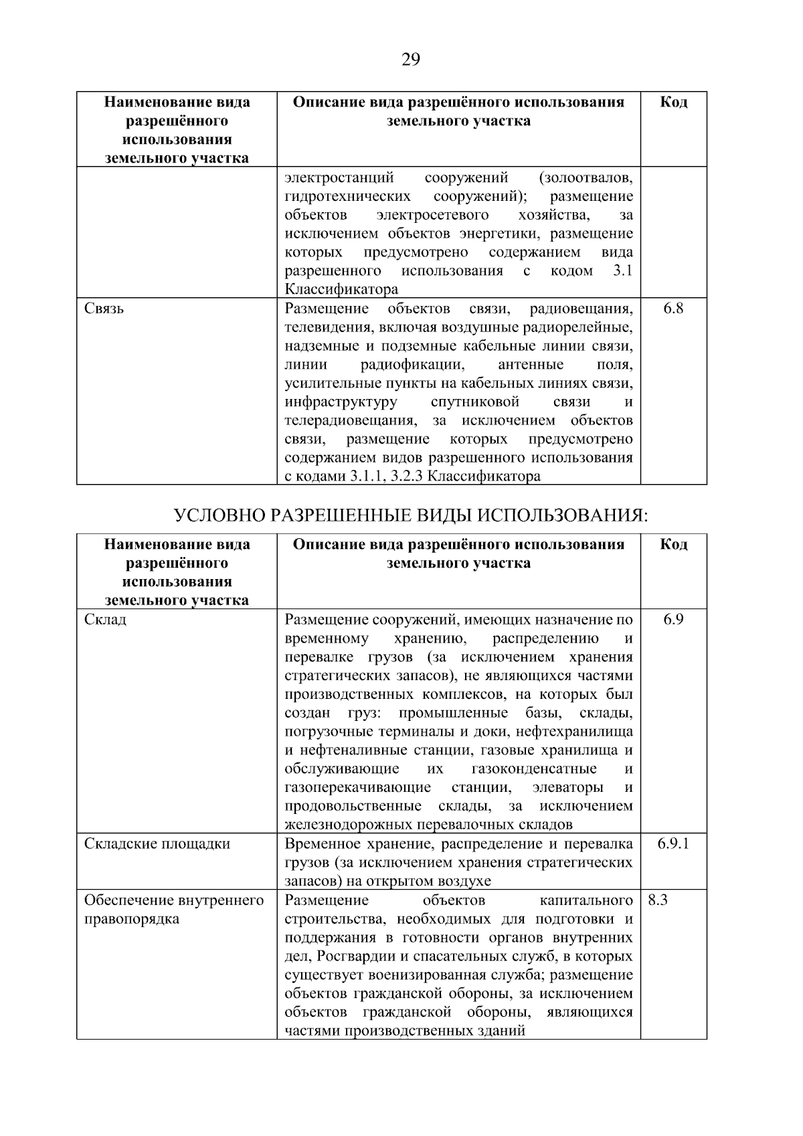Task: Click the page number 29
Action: pyautogui.click(x=411, y=60)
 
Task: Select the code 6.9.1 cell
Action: pyautogui.click(x=673, y=843)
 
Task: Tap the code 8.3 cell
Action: pyautogui.click(x=658, y=900)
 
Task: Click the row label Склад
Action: pyautogui.click(x=105, y=619)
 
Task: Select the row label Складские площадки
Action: pyautogui.click(x=157, y=843)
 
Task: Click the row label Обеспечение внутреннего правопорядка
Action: pyautogui.click(x=174, y=909)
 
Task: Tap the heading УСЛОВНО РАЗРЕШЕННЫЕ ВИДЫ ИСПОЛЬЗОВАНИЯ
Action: pyautogui.click(x=411, y=515)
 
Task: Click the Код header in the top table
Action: pyautogui.click(x=673, y=102)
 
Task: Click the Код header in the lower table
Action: pyautogui.click(x=673, y=544)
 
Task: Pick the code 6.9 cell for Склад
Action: pyautogui.click(x=673, y=619)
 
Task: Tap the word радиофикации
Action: pyautogui.click(x=412, y=365)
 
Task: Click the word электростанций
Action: pyautogui.click(x=339, y=178)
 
